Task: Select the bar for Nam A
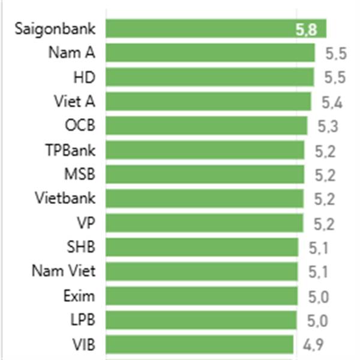(210, 53)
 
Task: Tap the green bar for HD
(210, 77)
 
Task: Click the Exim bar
(202, 296)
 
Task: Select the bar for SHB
(202, 247)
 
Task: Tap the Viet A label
(74, 101)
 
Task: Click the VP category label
(86, 223)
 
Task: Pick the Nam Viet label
(64, 271)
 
